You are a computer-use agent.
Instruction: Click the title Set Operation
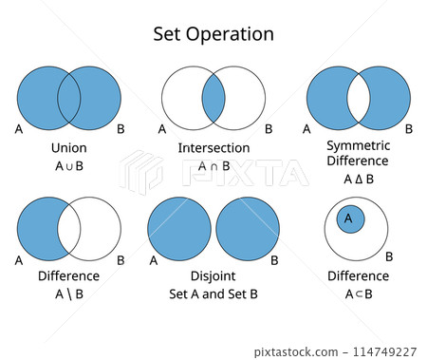pyautogui.click(x=213, y=34)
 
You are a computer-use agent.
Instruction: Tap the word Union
pyautogui.click(x=68, y=148)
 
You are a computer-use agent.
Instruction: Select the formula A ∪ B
pyautogui.click(x=68, y=166)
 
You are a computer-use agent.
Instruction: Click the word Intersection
pyautogui.click(x=213, y=148)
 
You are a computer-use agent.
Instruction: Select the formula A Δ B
pyautogui.click(x=358, y=179)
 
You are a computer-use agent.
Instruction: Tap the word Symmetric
pyautogui.click(x=358, y=145)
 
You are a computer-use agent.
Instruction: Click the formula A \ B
pyautogui.click(x=68, y=294)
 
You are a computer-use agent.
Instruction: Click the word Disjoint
pyautogui.click(x=213, y=276)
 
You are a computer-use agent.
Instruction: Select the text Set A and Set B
pyautogui.click(x=213, y=294)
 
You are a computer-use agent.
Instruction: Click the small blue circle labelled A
pyautogui.click(x=349, y=218)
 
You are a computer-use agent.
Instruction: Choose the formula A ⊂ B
pyautogui.click(x=358, y=294)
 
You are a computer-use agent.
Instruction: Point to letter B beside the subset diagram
pyautogui.click(x=389, y=256)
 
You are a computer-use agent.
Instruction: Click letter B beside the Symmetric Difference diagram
pyautogui.click(x=408, y=128)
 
